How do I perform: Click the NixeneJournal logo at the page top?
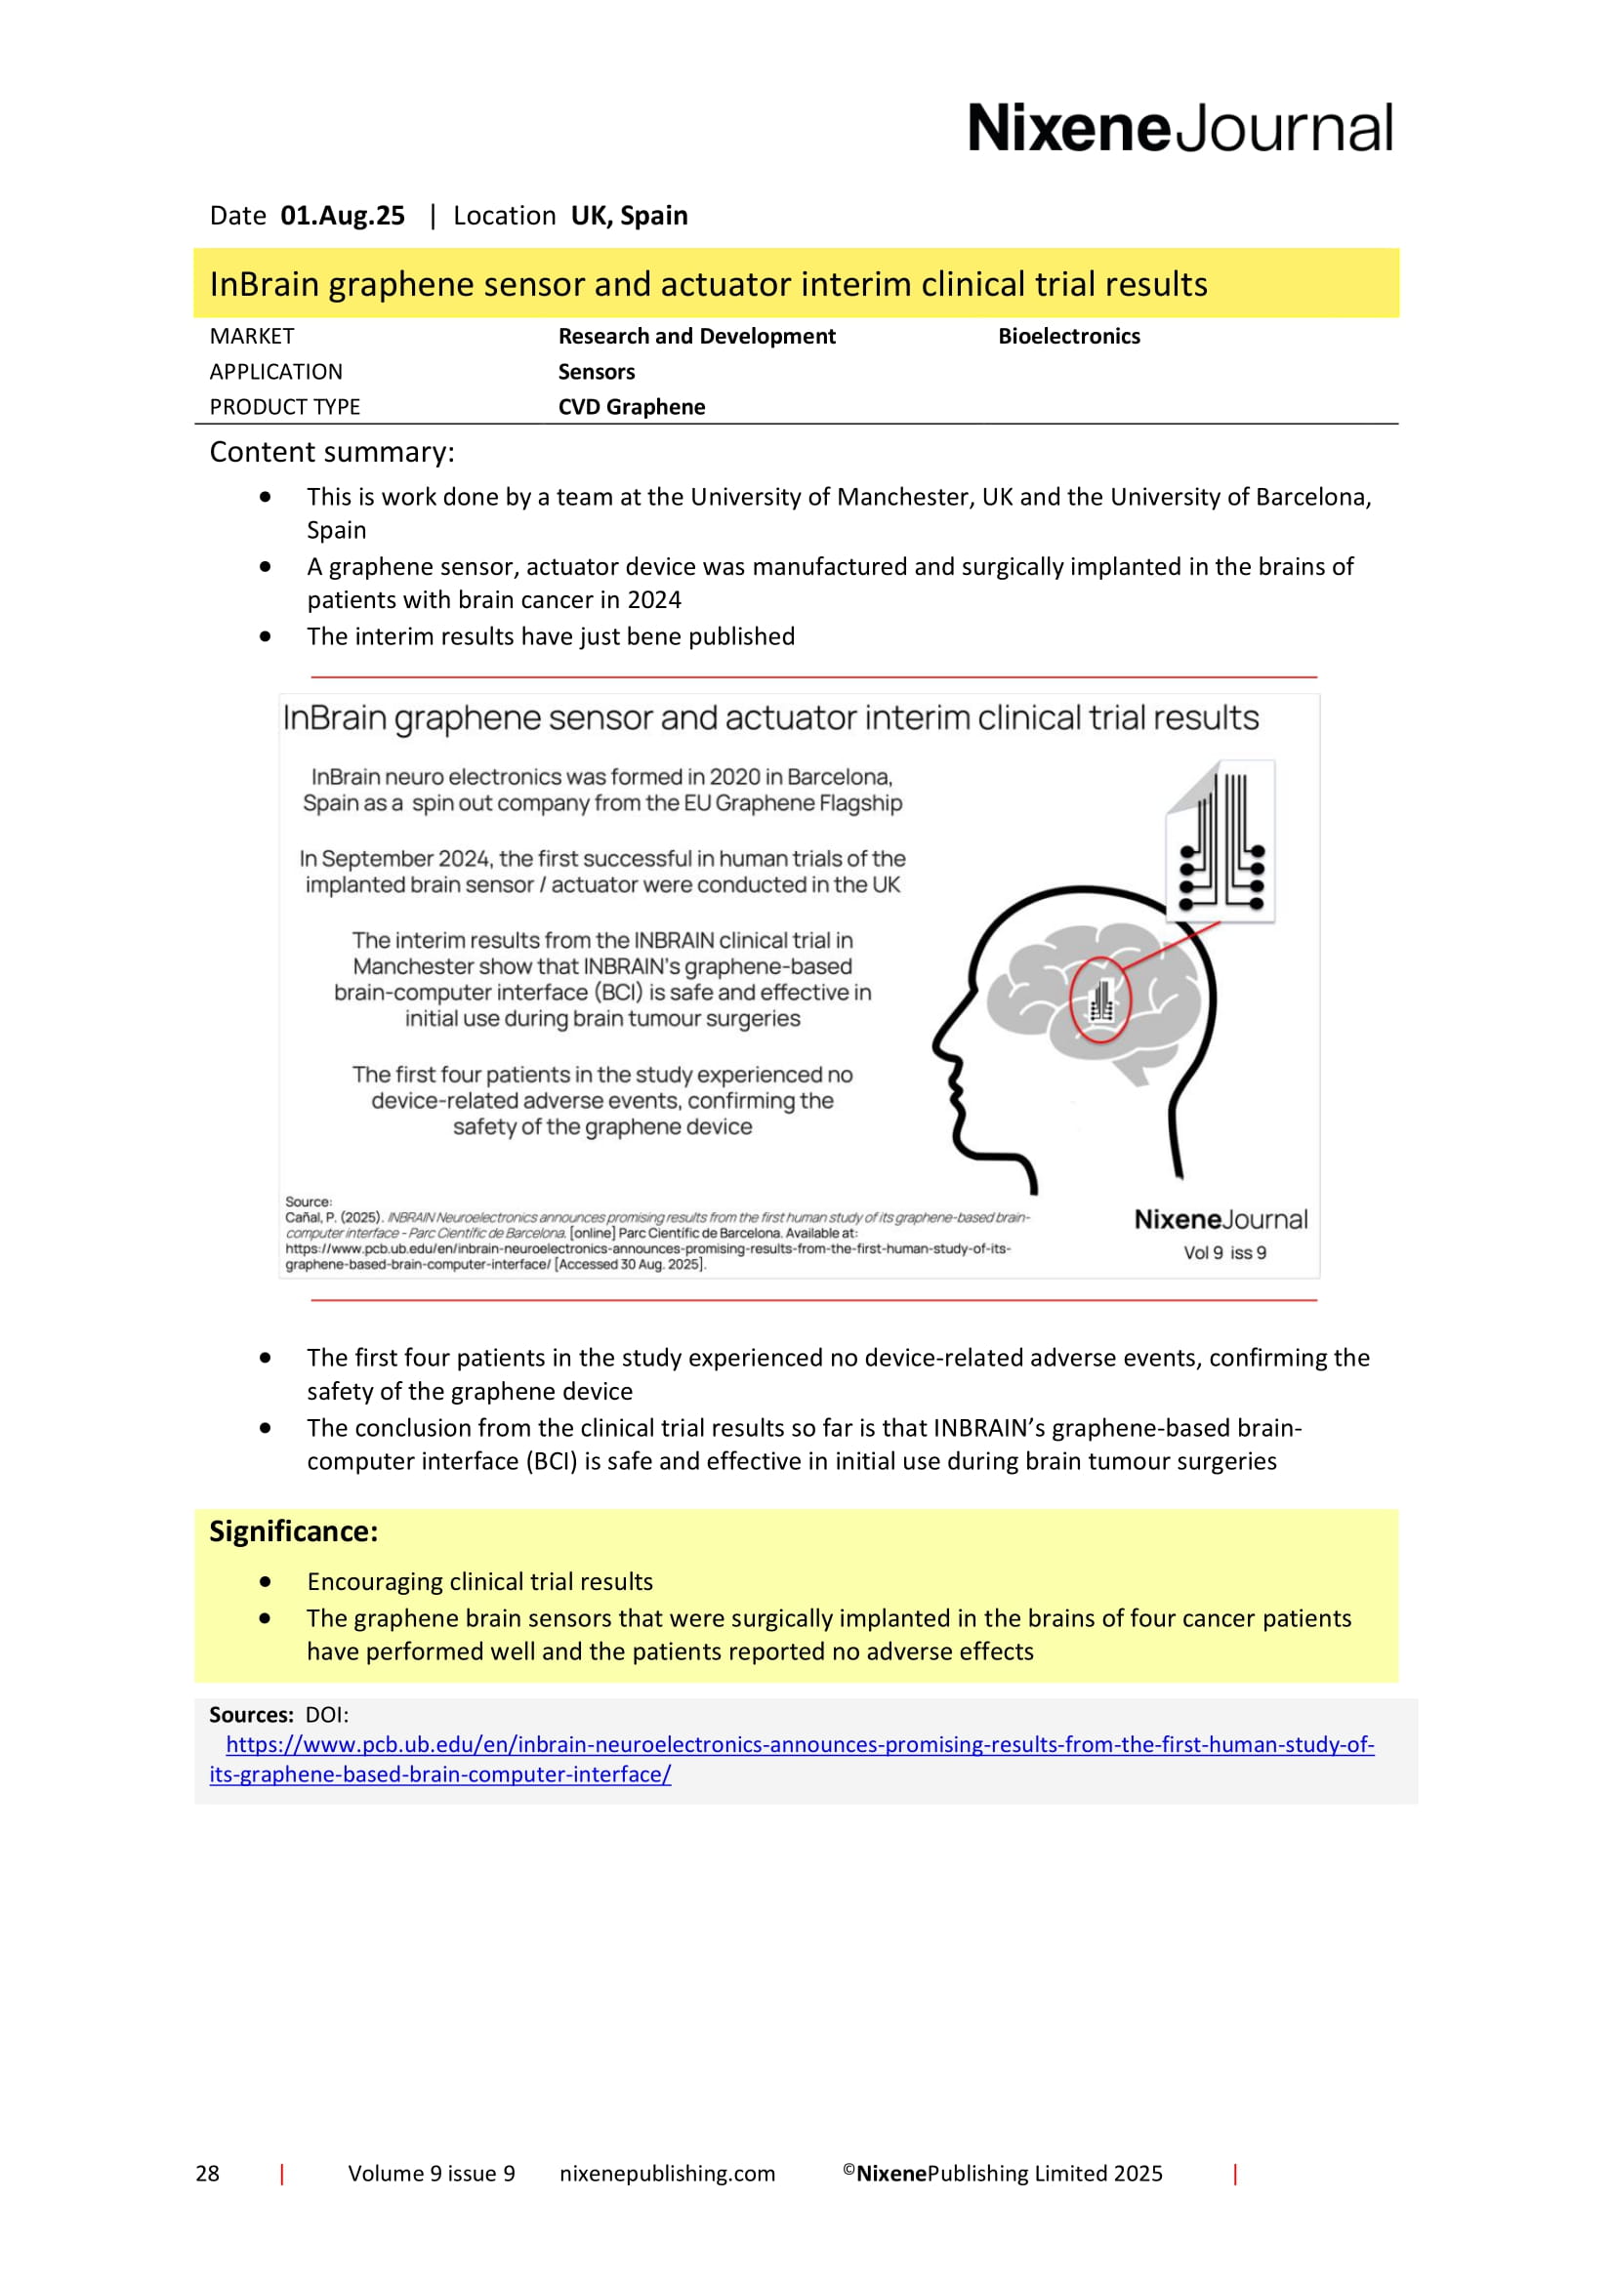click(1179, 128)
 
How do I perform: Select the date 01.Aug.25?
click(342, 216)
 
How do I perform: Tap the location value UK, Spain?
click(629, 216)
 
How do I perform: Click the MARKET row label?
click(252, 336)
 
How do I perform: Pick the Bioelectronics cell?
click(1068, 336)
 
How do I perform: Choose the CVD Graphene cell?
click(631, 407)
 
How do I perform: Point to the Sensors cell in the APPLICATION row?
click(596, 372)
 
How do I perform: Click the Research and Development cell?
click(696, 336)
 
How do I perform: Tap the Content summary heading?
click(331, 453)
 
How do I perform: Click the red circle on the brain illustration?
click(1098, 999)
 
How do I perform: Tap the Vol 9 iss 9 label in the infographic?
click(1224, 1253)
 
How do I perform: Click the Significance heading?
click(293, 1531)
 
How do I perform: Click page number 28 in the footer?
click(207, 2173)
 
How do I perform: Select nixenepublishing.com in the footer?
click(666, 2173)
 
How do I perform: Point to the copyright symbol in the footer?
click(848, 2169)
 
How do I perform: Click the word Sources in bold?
click(250, 1714)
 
